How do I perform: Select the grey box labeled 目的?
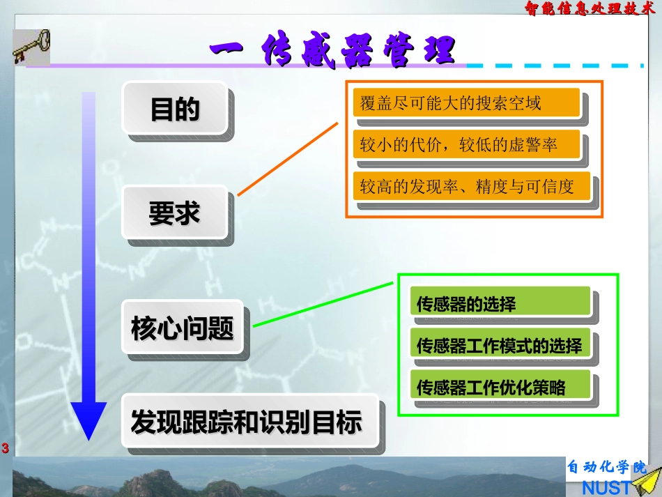[x=175, y=109]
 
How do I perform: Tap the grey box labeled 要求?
[x=175, y=213]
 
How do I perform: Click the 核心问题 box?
[x=183, y=328]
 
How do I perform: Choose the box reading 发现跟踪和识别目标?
[x=248, y=421]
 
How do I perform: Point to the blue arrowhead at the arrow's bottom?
[x=89, y=421]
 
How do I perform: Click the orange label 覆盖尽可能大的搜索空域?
[x=466, y=104]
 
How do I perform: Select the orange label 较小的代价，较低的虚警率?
[x=466, y=145]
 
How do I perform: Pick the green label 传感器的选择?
[x=500, y=304]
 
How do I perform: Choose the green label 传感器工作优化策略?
[x=500, y=387]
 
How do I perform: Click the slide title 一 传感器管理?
[x=333, y=51]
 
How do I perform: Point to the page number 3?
[x=6, y=448]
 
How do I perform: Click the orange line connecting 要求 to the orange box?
[x=288, y=159]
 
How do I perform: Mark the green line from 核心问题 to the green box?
[x=325, y=304]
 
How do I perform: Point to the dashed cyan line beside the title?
[x=555, y=66]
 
